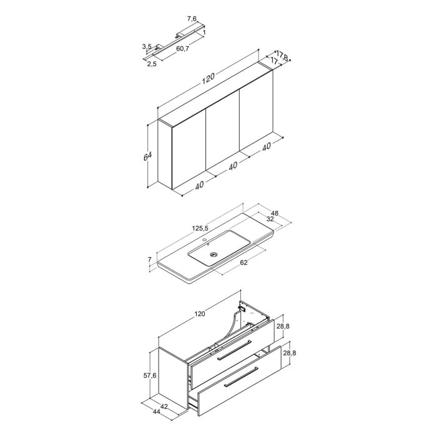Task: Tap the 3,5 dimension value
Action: click(147, 46)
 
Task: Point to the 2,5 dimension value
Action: click(152, 63)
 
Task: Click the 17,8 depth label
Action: click(282, 56)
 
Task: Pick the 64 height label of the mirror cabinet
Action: click(148, 155)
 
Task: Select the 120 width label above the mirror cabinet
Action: click(207, 77)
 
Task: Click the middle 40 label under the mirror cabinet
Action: click(232, 166)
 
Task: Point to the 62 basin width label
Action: click(243, 263)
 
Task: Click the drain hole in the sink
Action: click(214, 255)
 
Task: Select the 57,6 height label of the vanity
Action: click(149, 376)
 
